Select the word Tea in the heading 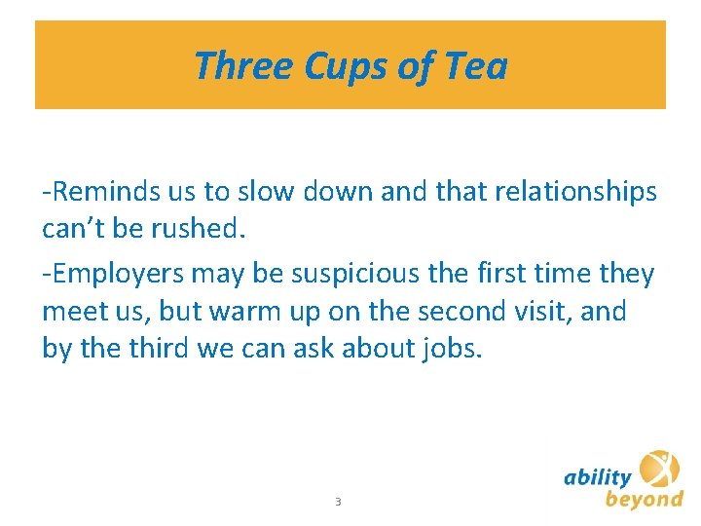coord(475,66)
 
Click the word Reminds coord(104,193)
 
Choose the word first coord(499,274)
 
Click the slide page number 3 coord(337,502)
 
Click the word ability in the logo coord(598,477)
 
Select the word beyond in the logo coord(644,500)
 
